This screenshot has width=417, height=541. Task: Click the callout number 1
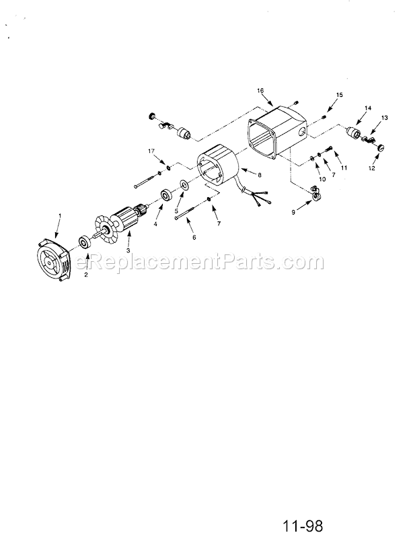point(60,215)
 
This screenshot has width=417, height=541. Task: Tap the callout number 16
point(260,90)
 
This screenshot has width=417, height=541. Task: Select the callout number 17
point(151,151)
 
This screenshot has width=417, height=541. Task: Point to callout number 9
point(293,213)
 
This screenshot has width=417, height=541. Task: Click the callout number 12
point(371,168)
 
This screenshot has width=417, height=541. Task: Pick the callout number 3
point(128,250)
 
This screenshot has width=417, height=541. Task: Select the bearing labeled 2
point(85,242)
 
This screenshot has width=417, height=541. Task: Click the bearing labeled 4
point(167,196)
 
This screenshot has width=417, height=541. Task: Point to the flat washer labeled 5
point(184,184)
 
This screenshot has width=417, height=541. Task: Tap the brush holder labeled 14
point(353,131)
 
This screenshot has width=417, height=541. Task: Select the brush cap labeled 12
point(380,148)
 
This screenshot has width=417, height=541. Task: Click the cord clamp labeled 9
point(315,192)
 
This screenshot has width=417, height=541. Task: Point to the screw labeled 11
point(328,150)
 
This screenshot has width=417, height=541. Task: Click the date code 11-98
point(303,526)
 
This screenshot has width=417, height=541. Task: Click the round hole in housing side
point(301,132)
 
